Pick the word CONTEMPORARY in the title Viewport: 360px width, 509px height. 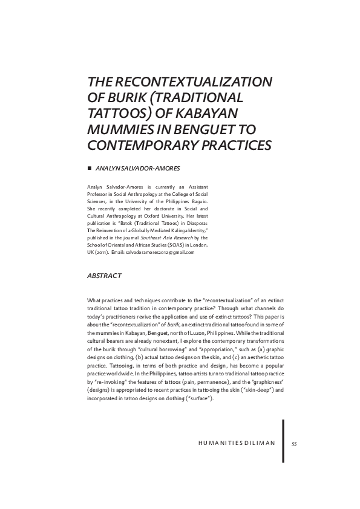pos(144,145)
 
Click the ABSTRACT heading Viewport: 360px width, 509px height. pos(104,276)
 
